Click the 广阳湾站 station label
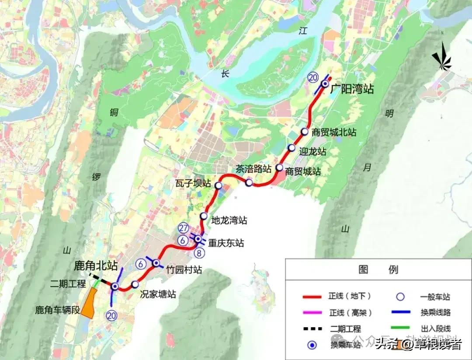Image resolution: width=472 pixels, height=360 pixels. point(352,89)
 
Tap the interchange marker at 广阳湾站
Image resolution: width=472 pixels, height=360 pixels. point(325,84)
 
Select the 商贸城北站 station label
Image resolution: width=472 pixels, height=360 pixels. point(334,132)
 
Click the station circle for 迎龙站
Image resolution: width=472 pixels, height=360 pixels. point(292,148)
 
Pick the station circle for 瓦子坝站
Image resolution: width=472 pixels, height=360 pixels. point(219,186)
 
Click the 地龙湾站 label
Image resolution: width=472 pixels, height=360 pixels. point(229,220)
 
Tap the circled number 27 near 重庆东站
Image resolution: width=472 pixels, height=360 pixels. point(184,228)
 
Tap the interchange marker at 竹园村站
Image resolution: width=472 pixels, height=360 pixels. point(156,263)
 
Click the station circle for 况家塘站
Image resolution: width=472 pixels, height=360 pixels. point(135,284)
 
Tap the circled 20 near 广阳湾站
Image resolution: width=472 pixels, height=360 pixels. point(312,77)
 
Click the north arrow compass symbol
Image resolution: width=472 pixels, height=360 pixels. point(441,58)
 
